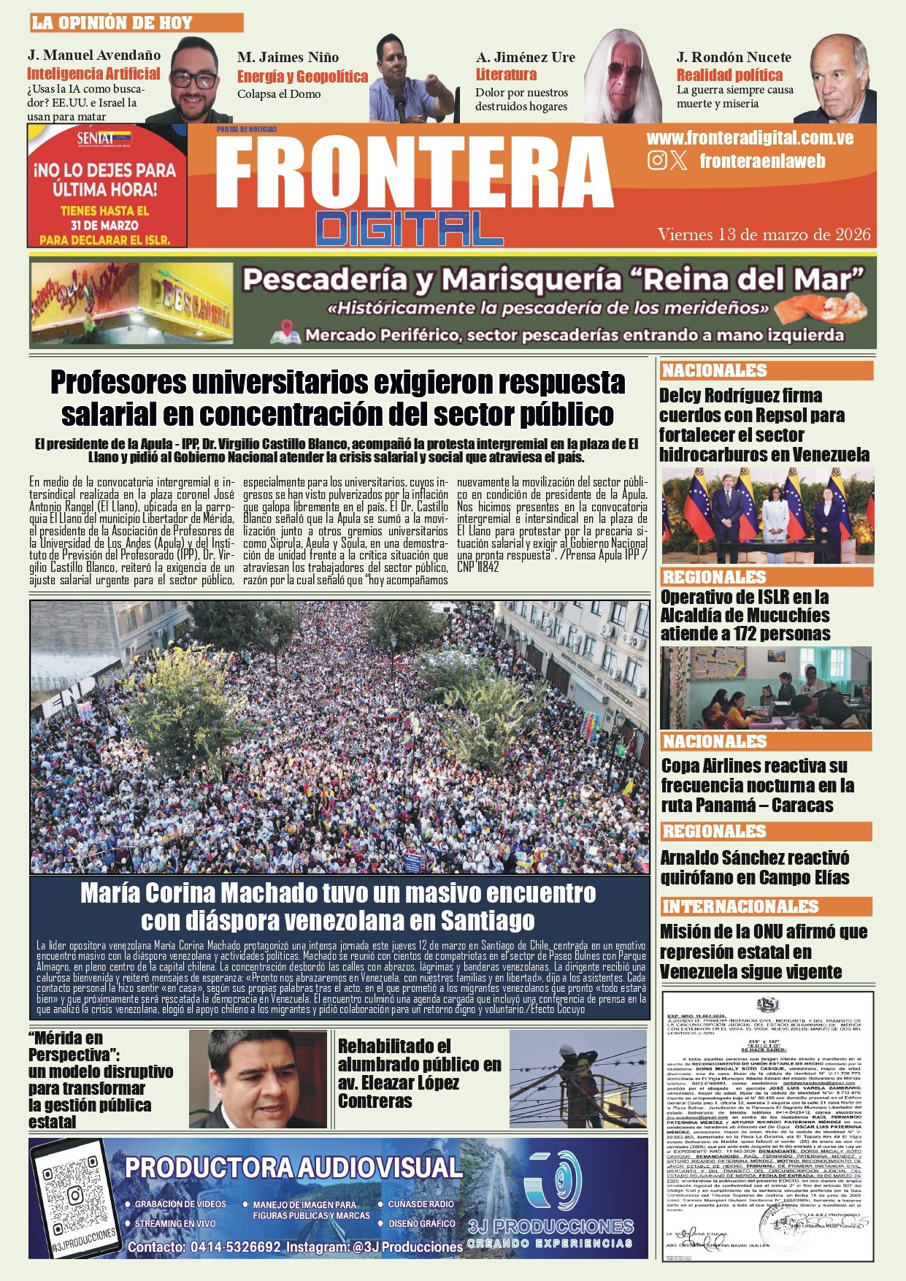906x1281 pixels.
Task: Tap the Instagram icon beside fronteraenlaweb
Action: click(657, 161)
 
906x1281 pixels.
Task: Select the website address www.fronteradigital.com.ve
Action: click(750, 138)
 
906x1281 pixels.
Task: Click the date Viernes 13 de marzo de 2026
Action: click(764, 234)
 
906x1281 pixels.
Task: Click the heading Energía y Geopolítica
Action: click(302, 77)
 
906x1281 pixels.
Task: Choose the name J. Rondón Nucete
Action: click(734, 57)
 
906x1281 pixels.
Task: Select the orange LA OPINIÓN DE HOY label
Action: click(136, 23)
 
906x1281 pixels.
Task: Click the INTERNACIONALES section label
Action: click(740, 906)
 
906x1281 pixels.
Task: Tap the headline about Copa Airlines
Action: click(757, 785)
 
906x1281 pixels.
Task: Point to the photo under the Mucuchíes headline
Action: click(765, 688)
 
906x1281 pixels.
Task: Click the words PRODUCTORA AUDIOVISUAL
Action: click(293, 1167)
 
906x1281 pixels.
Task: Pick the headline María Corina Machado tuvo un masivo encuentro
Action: click(338, 906)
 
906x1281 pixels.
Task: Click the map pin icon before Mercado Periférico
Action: click(285, 335)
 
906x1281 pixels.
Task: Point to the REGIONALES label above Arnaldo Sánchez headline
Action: click(714, 831)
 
